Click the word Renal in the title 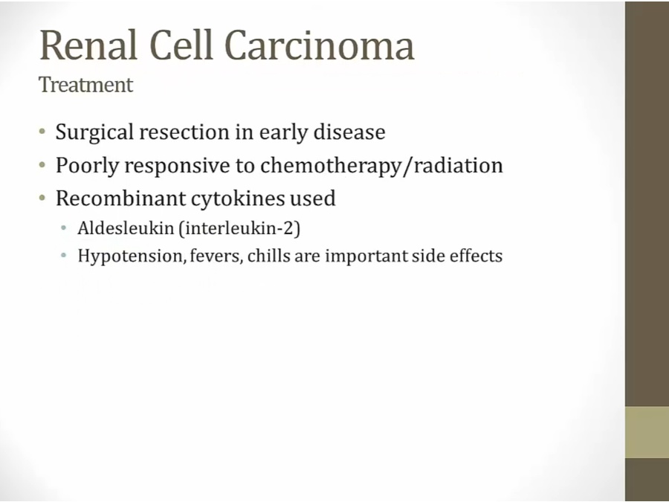coord(88,45)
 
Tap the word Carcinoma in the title coord(319,45)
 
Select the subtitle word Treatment coord(85,85)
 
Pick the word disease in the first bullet coord(349,132)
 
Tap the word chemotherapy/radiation coord(381,166)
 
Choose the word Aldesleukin coord(126,228)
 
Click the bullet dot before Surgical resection coord(42,132)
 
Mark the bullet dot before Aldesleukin coord(64,228)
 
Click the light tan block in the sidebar coord(647,432)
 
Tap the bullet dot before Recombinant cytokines coord(42,198)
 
